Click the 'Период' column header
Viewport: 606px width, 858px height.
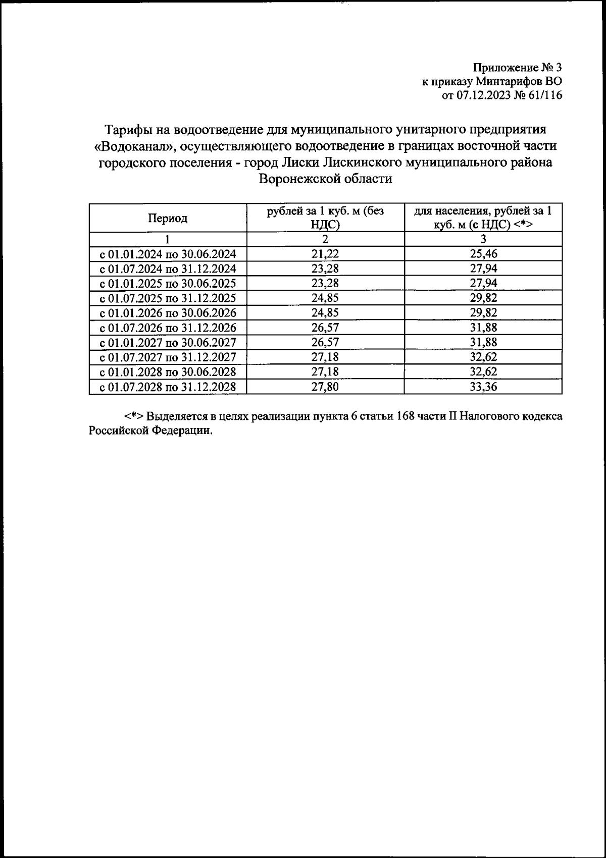click(168, 218)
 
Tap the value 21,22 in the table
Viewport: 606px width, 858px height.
click(325, 253)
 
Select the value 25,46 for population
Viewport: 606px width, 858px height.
click(483, 253)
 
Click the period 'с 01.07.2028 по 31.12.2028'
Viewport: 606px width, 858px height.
click(168, 387)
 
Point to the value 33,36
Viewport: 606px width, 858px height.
click(483, 387)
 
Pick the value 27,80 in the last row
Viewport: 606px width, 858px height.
click(325, 387)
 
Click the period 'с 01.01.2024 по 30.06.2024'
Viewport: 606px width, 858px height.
click(168, 253)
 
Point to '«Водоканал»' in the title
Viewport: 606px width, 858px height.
click(134, 146)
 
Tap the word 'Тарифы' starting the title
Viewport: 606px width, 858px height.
click(130, 129)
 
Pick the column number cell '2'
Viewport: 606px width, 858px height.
click(325, 239)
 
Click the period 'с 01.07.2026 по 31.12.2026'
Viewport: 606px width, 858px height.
click(168, 328)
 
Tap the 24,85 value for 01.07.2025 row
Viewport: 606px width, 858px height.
click(325, 298)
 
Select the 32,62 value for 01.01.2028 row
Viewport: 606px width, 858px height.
click(483, 372)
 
